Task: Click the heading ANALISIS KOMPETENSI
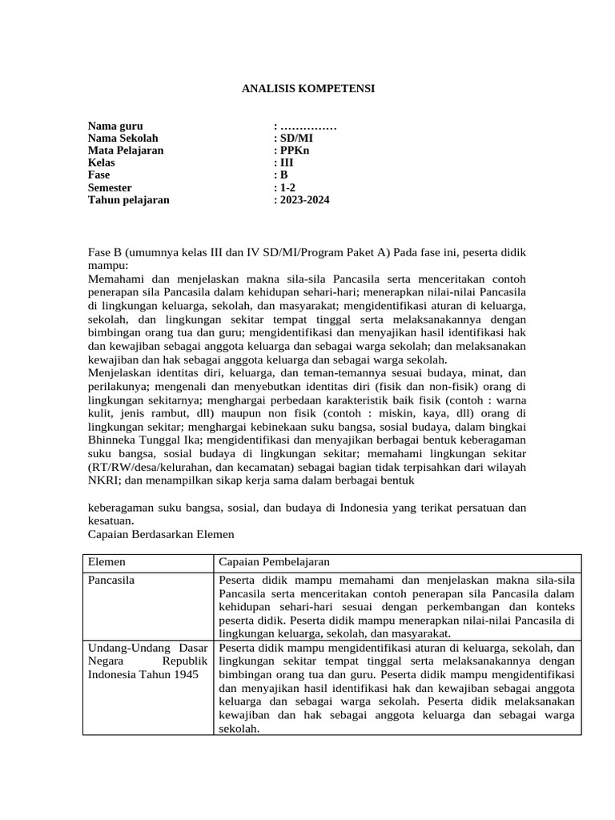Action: [308, 89]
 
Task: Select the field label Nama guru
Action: [115, 126]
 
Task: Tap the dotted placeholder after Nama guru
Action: [307, 126]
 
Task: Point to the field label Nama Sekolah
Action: [123, 139]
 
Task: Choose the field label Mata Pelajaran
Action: [126, 151]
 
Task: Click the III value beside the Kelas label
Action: [286, 163]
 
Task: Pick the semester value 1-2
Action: [287, 187]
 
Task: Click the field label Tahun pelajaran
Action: [128, 200]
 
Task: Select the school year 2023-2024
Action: [303, 200]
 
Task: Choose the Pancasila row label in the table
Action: [113, 581]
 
